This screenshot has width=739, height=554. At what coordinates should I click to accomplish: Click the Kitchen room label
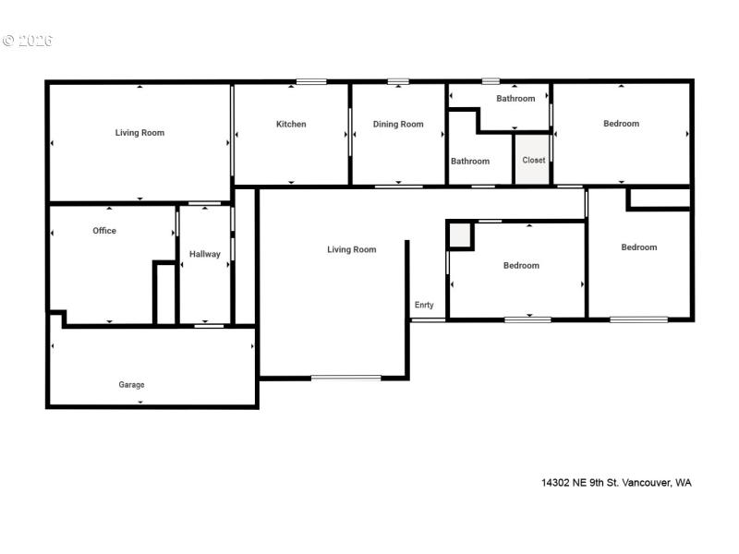(291, 124)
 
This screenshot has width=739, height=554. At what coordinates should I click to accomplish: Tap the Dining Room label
(398, 124)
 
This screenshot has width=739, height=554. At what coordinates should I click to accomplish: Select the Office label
(104, 230)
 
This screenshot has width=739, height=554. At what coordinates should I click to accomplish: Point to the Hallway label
(204, 254)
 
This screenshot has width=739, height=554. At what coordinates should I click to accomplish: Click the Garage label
(131, 384)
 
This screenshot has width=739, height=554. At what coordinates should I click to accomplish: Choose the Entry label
(424, 305)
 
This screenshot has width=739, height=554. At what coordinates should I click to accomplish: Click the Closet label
(533, 160)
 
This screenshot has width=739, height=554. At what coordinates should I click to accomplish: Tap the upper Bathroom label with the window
(515, 98)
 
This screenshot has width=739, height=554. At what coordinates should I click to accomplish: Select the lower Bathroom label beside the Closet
(470, 161)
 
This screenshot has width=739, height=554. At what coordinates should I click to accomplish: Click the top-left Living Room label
(139, 132)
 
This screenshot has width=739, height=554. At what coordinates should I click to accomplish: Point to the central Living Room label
(352, 248)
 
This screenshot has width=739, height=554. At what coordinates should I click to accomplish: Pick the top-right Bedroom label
(621, 123)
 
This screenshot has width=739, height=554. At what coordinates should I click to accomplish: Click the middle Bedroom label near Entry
(521, 265)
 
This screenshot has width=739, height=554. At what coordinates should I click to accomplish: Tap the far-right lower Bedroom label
(639, 247)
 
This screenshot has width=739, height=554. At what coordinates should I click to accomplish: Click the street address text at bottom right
(616, 482)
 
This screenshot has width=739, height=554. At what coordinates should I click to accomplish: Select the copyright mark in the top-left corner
(27, 41)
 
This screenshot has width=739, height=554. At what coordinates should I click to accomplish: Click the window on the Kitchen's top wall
(311, 81)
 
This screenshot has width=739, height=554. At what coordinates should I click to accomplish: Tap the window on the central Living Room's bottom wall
(345, 377)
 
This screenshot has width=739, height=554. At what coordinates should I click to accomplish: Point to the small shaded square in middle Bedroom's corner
(460, 235)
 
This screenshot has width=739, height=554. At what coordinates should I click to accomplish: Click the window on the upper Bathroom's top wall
(491, 81)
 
